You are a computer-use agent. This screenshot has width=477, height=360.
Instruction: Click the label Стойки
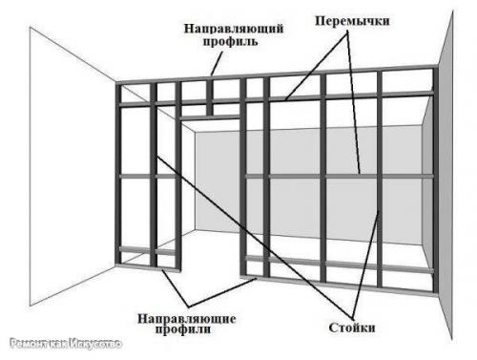347,327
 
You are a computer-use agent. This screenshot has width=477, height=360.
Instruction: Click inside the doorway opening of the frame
210,201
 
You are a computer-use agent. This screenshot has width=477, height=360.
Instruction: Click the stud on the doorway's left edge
176,191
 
